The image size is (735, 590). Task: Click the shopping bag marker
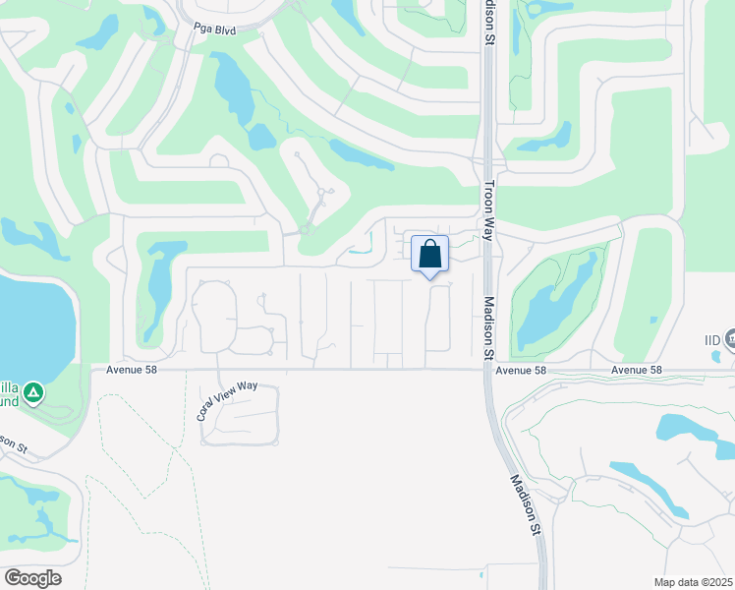[x=429, y=255]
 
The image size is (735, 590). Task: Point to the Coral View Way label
[x=226, y=400]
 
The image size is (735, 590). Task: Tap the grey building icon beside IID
[x=730, y=339]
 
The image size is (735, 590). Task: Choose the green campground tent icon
[x=32, y=393]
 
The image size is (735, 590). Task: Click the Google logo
[x=32, y=578]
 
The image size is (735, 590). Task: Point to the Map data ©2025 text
[x=694, y=582]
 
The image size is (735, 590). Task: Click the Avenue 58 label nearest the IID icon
[x=636, y=370]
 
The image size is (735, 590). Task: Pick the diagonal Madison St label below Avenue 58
[x=526, y=504]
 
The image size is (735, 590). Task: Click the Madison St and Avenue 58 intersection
[x=488, y=370]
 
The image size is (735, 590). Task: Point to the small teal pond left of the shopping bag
[x=360, y=250]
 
